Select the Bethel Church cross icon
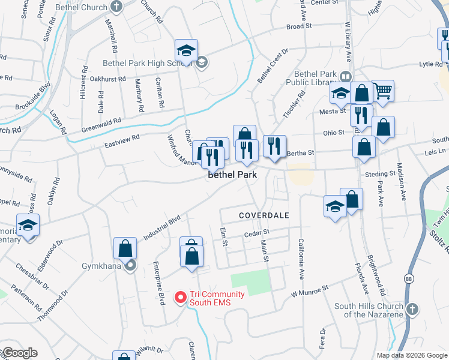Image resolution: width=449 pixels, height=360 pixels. (x=117, y=7)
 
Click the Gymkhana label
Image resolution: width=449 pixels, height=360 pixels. (x=102, y=266)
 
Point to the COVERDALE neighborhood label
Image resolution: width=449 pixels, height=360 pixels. (x=264, y=215)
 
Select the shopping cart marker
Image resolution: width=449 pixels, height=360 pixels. (x=382, y=91)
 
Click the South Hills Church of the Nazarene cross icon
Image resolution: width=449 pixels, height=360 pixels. (x=412, y=309)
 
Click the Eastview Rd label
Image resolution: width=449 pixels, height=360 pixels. (x=122, y=141)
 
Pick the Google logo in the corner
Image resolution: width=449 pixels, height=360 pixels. (x=19, y=353)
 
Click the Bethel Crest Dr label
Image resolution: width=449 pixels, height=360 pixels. (x=273, y=66)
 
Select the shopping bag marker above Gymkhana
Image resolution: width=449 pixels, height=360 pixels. (x=124, y=247)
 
